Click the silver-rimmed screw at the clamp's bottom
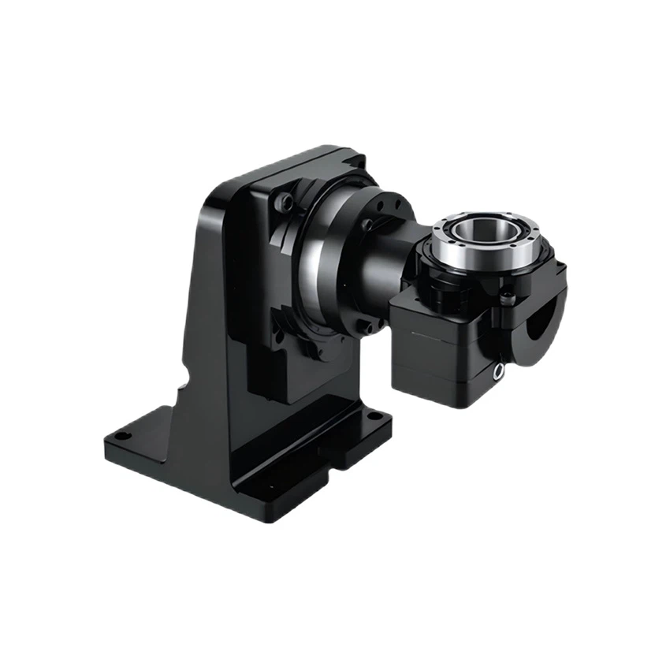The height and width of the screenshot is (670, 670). pos(499,371)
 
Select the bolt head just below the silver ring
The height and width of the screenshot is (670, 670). pos(507,298)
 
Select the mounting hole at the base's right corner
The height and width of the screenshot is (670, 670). pos(377,415)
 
